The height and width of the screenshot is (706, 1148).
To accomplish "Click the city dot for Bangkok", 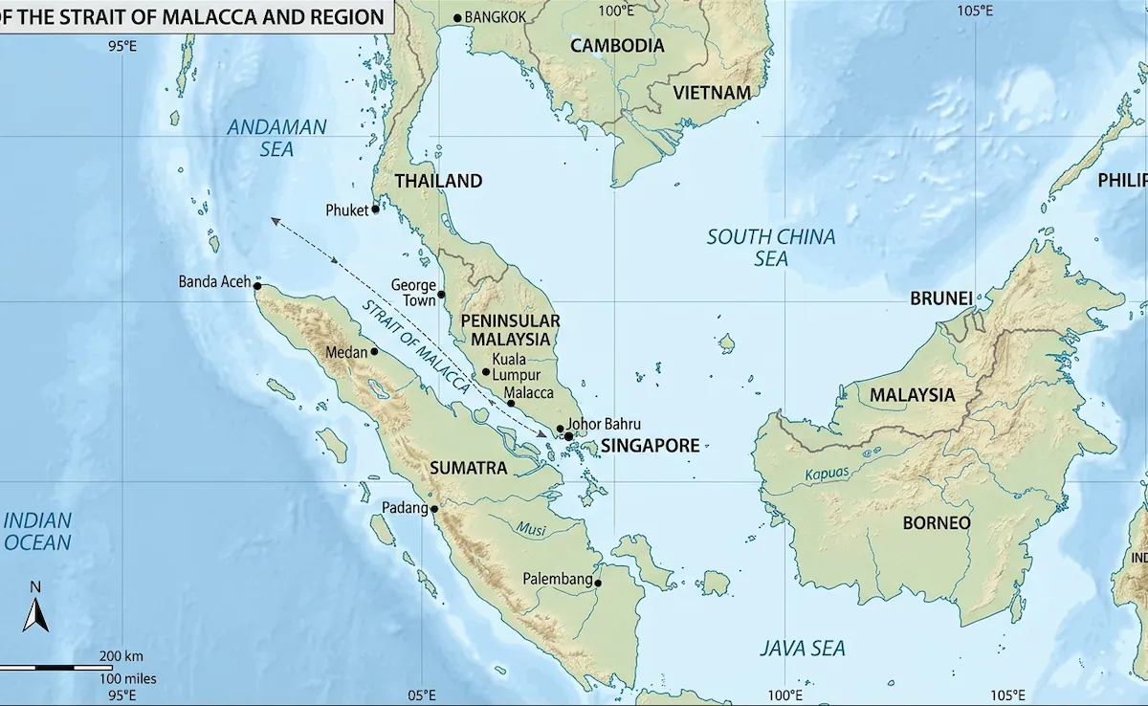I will point(457,18).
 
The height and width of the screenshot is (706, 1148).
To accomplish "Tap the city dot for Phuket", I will point(375,210).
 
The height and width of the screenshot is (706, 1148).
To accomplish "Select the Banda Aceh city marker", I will point(256,285).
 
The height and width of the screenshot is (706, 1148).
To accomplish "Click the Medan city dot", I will point(374,351).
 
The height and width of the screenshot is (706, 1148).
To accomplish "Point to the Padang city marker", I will point(433,509).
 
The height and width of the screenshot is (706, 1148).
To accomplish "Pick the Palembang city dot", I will point(598,583).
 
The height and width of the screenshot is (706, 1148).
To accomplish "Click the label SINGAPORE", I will point(650,445).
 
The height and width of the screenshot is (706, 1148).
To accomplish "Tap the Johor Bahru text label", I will point(604,424).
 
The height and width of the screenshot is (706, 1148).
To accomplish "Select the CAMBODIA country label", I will point(617,45).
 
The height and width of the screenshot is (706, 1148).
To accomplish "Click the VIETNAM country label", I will point(711,93).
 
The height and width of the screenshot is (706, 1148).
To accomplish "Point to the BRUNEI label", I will point(940,298).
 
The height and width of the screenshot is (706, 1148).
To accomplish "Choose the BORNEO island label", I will point(937,523).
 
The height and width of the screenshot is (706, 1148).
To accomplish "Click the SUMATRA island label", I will point(468,468).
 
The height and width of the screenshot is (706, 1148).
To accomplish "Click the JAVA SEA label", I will point(803,649).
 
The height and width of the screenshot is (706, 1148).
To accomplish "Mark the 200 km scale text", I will point(121,656).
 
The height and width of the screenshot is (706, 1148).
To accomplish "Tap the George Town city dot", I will point(441,294).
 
